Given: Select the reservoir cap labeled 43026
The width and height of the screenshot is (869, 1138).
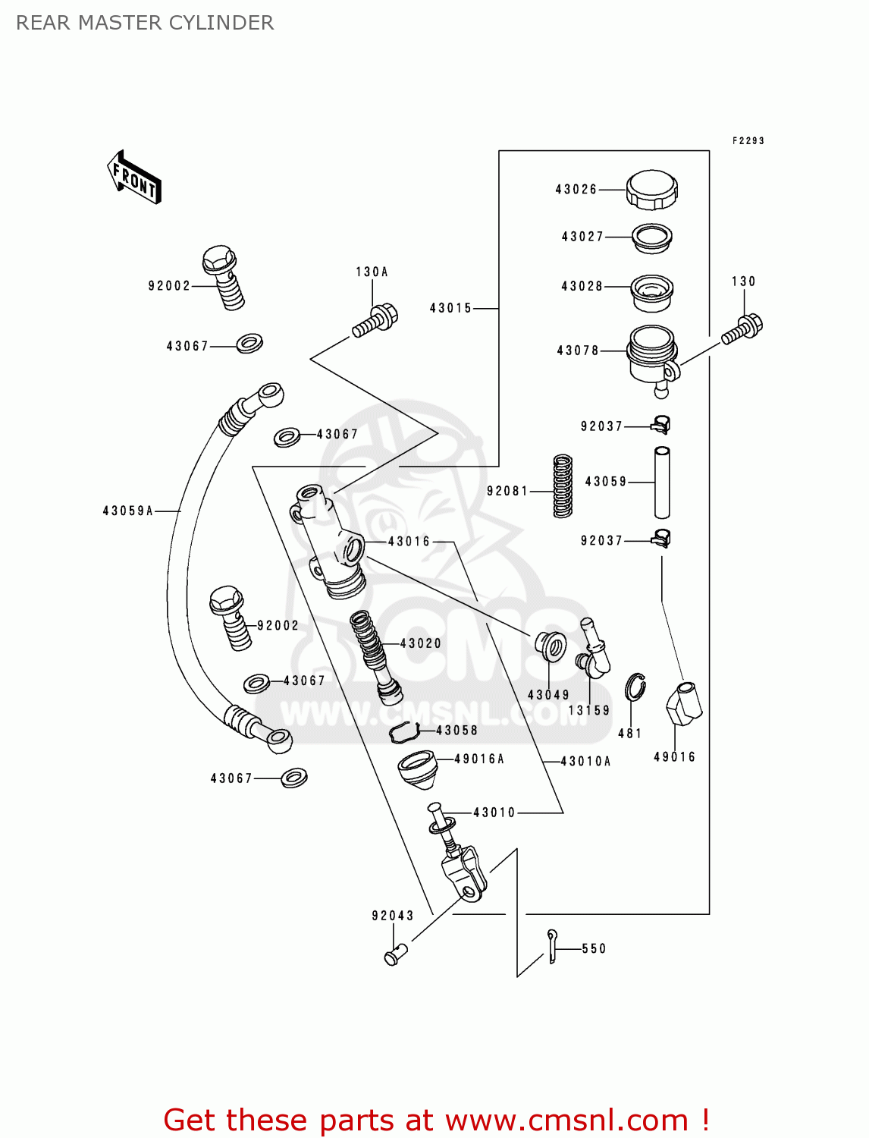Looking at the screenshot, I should tap(651, 189).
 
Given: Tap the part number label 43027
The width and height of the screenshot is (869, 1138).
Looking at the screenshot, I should tap(582, 237).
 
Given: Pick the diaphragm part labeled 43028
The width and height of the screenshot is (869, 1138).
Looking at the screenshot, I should tap(652, 293).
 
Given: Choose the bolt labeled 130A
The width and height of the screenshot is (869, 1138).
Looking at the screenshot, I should tap(375, 320).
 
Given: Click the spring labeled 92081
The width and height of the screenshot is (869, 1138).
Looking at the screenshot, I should tap(563, 486).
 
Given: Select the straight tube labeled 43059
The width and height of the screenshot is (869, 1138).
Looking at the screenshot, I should tap(662, 482).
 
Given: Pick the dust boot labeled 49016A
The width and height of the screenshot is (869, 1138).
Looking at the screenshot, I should tap(417, 769).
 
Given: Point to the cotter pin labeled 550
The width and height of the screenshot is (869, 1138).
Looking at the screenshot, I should tap(552, 946).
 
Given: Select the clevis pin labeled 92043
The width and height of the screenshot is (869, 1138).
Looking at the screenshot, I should tap(395, 954).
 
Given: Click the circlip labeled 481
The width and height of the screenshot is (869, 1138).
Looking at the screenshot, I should tap(635, 687).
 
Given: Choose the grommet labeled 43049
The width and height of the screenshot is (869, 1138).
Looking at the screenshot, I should tap(551, 646).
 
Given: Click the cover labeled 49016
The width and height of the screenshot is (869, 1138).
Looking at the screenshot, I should tap(683, 704).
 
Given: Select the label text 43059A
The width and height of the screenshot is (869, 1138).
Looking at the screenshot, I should tap(128, 511).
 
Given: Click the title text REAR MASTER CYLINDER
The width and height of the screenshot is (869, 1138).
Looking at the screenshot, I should tap(145, 23).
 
